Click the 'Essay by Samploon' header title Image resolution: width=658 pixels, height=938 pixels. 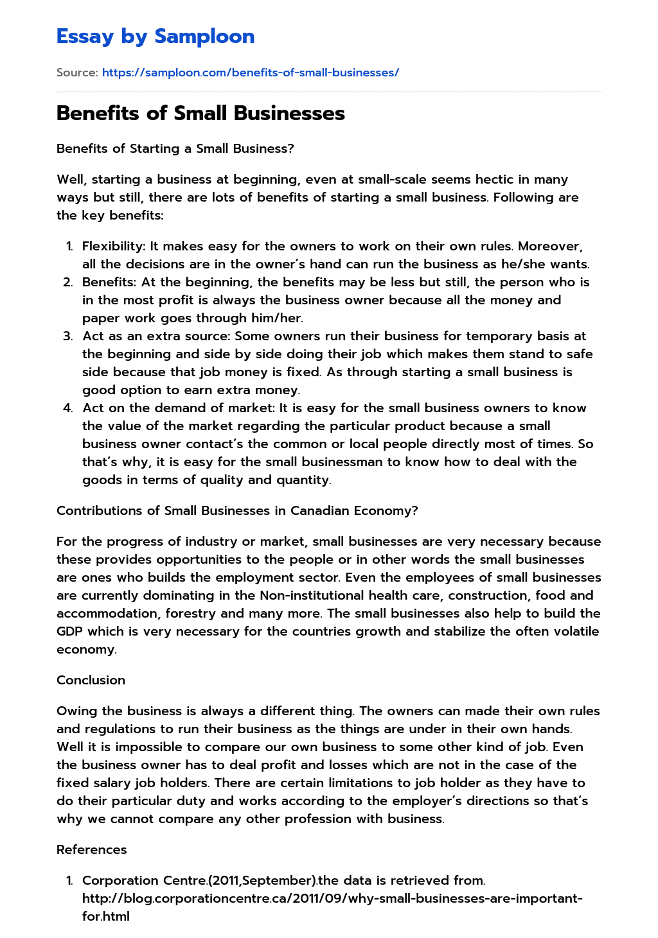156,37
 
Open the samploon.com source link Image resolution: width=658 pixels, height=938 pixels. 250,73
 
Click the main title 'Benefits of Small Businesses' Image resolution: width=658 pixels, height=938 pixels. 200,113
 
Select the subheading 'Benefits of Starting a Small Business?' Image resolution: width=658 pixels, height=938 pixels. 175,148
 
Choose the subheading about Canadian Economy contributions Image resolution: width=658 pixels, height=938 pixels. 237,510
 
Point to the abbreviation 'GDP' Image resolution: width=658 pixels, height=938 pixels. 70,631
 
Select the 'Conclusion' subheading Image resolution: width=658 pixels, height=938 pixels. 91,680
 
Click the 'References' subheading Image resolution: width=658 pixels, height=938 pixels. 91,849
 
